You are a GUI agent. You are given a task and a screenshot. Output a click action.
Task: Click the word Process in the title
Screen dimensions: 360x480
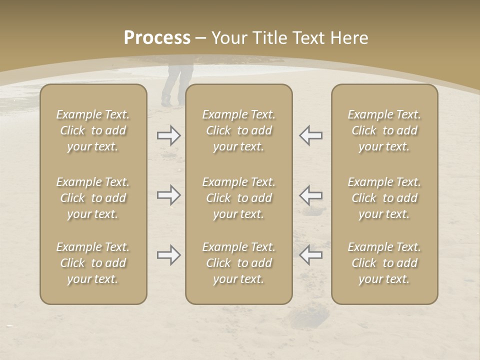[x=157, y=38]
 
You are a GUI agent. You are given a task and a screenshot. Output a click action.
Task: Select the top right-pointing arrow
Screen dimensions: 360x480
[x=169, y=135]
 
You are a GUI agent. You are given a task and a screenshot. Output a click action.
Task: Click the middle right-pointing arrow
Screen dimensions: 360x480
[x=169, y=195]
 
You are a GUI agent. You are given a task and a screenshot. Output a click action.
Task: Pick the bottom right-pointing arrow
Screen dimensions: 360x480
[x=169, y=255]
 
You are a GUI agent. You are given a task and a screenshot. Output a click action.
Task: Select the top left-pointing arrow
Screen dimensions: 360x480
[x=310, y=135]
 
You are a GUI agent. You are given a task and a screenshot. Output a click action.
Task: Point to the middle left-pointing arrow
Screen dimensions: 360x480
[x=310, y=195]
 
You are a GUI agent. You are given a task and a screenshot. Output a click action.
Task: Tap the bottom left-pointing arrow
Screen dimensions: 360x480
[x=310, y=255]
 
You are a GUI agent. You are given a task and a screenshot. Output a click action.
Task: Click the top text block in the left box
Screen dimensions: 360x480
[x=93, y=130]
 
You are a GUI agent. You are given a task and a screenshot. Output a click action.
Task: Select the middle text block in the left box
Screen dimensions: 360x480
[x=93, y=198]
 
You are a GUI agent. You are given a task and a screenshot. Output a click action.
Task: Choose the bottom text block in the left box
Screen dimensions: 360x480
[x=93, y=263]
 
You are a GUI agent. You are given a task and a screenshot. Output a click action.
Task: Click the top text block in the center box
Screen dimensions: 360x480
[x=239, y=130]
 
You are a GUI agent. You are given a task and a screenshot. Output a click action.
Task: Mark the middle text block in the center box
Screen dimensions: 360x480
[x=239, y=198]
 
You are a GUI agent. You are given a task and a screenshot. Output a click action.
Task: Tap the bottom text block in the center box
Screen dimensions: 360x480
[x=239, y=263]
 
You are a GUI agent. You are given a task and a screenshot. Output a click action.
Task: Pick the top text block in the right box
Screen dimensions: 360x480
[x=384, y=130]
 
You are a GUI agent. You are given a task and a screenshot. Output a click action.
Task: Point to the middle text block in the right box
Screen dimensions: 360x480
[x=384, y=198]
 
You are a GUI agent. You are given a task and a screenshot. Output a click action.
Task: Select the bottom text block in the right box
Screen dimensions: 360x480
[x=384, y=263]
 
